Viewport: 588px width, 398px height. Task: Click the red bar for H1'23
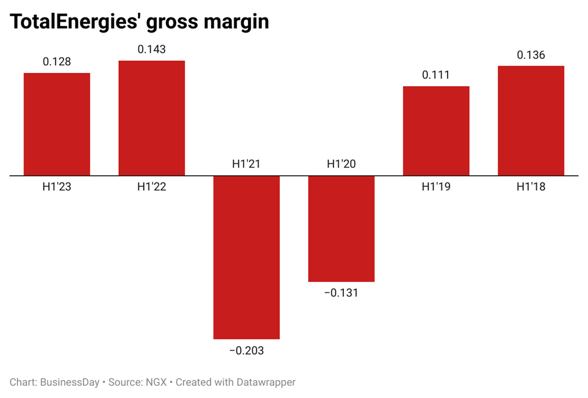57,124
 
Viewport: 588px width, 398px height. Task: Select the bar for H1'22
151,118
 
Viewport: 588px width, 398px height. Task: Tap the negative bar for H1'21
246,257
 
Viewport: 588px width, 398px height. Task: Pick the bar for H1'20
341,229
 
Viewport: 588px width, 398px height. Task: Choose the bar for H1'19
436,131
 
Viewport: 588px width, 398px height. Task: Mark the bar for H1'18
531,120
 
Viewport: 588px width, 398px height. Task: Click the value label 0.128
57,61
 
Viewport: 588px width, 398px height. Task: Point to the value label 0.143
151,49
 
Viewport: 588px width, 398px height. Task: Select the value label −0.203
246,350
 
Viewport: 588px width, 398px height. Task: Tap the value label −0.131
341,293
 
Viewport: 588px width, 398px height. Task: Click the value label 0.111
436,75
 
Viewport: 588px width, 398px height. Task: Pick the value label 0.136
531,55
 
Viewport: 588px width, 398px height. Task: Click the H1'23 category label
57,187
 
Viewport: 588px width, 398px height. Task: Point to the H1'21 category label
246,164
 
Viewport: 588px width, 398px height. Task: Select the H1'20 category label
341,164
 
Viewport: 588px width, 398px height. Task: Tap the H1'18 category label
531,187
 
